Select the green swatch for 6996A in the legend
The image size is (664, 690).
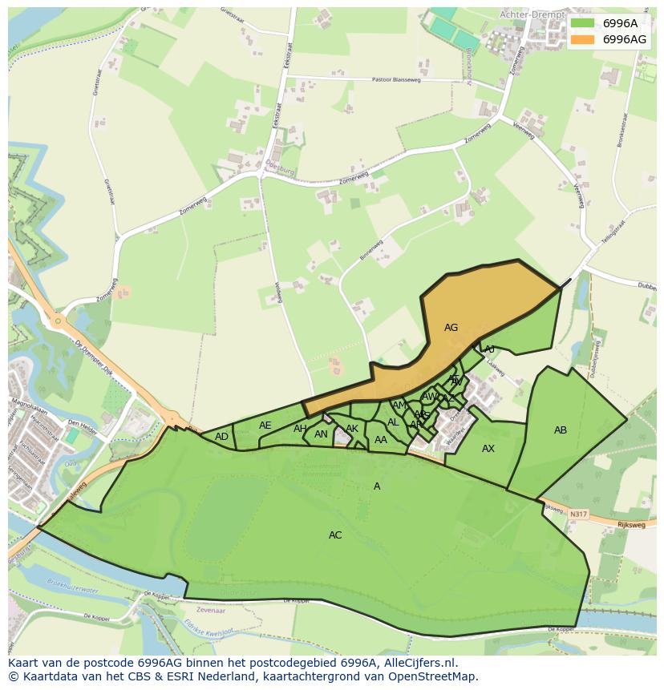click(583, 23)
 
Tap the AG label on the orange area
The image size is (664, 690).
click(451, 328)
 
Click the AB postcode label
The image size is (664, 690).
click(561, 430)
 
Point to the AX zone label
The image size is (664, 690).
click(488, 449)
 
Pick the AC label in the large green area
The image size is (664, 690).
click(335, 535)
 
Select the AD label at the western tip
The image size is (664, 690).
click(221, 437)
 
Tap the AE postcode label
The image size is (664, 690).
click(265, 426)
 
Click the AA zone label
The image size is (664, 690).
click(381, 440)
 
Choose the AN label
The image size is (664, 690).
click(321, 434)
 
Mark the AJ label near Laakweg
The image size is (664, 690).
click(489, 349)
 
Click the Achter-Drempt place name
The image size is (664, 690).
click(532, 14)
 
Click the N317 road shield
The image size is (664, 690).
click(578, 513)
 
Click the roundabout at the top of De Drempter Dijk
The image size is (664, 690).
click(59, 321)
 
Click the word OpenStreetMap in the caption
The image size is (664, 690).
click(433, 676)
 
